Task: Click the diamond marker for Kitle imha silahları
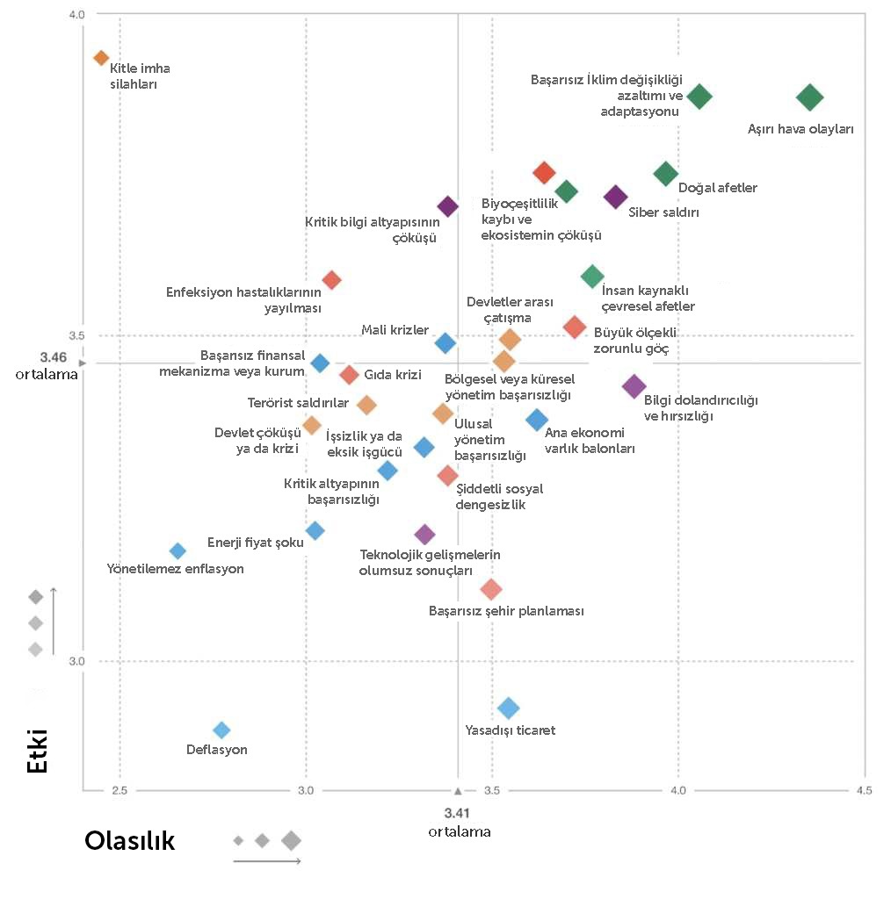click(x=101, y=58)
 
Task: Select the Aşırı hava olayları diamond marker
click(x=809, y=97)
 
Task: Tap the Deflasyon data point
click(x=221, y=730)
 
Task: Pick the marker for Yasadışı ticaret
click(x=508, y=708)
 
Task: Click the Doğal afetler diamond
click(x=666, y=174)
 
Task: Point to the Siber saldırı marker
click(x=616, y=197)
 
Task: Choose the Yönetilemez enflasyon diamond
click(x=177, y=551)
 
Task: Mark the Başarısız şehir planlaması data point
click(x=491, y=589)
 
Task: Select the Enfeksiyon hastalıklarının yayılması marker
click(x=331, y=280)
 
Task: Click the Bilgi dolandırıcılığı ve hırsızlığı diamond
click(x=634, y=385)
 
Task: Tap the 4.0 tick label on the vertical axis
click(x=76, y=15)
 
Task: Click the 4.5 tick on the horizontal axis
click(x=864, y=791)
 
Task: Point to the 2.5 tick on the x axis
click(x=120, y=791)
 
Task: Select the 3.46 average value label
click(x=53, y=357)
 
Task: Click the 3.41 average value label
click(x=458, y=812)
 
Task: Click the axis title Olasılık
click(x=129, y=841)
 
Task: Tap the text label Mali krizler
click(x=395, y=330)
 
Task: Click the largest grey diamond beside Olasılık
click(x=291, y=840)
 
